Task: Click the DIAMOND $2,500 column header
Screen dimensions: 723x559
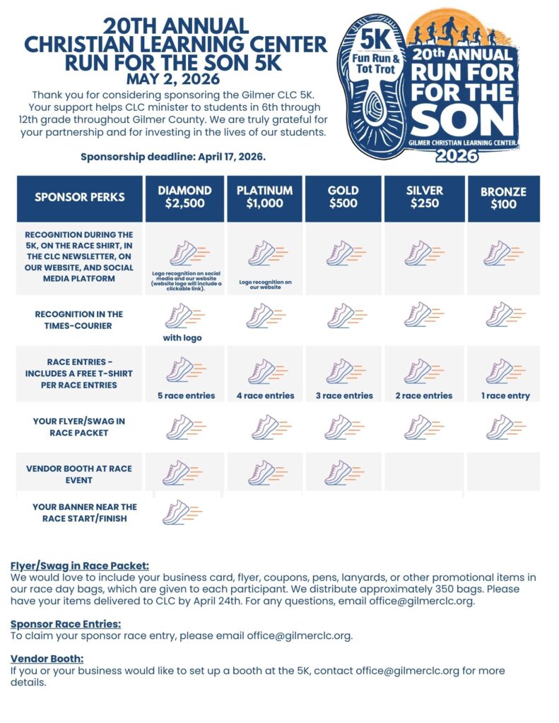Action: point(184,198)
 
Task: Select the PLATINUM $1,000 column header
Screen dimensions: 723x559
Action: point(264,198)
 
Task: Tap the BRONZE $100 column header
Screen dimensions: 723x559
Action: point(503,198)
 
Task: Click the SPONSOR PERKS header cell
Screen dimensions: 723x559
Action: point(80,198)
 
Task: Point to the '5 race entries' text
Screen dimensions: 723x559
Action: point(186,395)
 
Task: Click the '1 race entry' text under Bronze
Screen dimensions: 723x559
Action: point(505,395)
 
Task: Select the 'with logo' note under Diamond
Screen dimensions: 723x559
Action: point(182,337)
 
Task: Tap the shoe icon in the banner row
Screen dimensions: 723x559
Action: point(181,512)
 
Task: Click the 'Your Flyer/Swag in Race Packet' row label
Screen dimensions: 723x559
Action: point(79,427)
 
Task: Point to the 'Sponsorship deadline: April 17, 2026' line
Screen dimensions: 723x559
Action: point(173,156)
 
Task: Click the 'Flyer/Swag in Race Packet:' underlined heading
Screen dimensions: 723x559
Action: point(80,566)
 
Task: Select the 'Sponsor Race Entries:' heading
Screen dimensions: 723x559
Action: point(66,624)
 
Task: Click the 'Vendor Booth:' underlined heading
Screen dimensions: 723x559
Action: point(47,659)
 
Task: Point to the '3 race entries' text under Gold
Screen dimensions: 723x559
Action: point(344,395)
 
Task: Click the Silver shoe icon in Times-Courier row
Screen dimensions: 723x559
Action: point(424,315)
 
